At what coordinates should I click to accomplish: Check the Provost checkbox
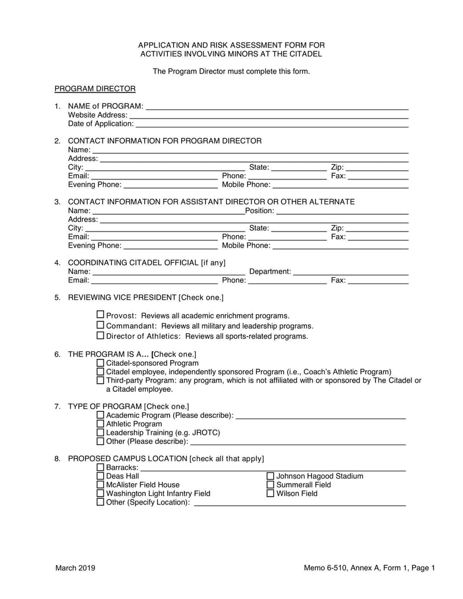100,315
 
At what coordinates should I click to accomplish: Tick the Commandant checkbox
100,325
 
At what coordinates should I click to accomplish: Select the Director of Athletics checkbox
100,335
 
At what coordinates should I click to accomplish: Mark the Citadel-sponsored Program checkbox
101,363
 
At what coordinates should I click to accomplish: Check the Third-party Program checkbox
101,380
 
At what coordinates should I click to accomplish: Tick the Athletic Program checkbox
101,424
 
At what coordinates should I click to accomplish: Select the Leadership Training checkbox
101,432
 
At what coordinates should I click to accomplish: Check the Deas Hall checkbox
101,476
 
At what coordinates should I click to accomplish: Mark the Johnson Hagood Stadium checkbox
270,476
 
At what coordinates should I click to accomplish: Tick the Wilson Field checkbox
270,494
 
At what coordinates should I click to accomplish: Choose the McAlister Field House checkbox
101,485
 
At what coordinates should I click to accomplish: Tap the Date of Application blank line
272,124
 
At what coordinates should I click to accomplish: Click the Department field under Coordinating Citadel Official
351,272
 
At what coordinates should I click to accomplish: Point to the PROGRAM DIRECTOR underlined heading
95,89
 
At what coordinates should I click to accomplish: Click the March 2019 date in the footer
75,568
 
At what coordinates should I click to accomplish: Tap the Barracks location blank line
272,468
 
